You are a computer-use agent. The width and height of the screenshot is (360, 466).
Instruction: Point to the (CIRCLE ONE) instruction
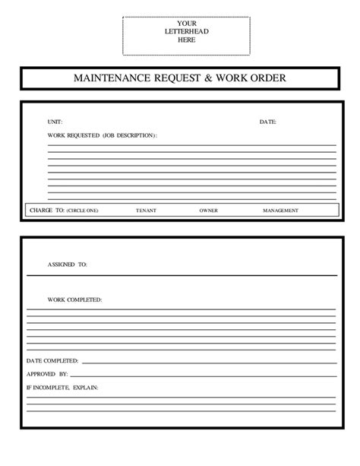click(82, 210)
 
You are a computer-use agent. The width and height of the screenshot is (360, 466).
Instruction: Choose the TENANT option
click(146, 210)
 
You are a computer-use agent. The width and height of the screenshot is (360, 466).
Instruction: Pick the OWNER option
click(209, 210)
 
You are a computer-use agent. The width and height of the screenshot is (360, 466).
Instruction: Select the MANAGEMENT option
click(280, 210)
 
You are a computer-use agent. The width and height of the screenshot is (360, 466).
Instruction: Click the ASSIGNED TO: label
click(68, 265)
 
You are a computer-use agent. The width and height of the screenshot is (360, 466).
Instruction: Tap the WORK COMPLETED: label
click(74, 300)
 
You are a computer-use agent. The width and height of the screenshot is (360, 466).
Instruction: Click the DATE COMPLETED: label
click(52, 360)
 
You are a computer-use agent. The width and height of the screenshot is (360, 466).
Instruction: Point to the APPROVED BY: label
click(48, 374)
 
